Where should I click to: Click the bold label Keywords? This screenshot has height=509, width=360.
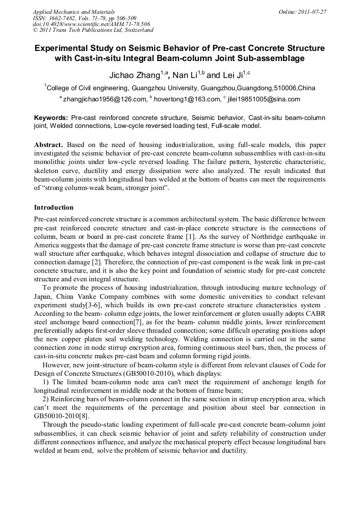pos(51,117)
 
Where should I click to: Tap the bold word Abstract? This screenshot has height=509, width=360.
pos(49,144)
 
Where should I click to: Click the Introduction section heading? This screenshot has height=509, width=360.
pos(54,207)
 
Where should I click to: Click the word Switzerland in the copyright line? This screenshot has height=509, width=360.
pos(136,31)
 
